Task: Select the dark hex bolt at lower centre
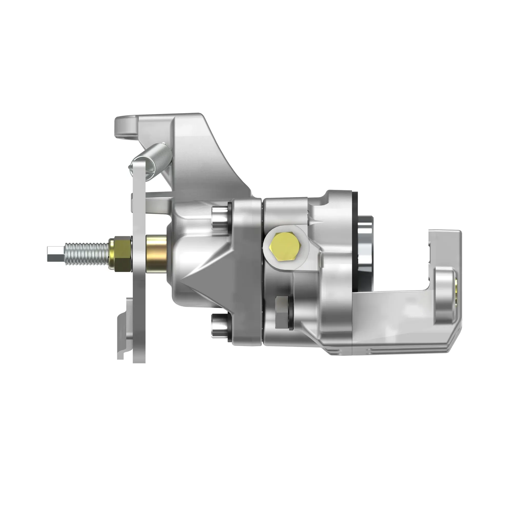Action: [282, 312]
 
